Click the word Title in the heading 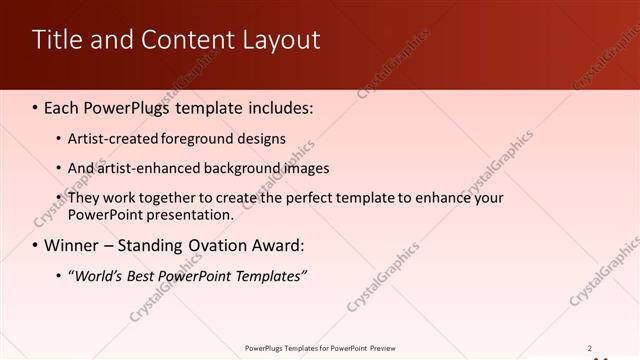(x=57, y=40)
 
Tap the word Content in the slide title (x=180, y=40)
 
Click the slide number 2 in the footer (x=590, y=347)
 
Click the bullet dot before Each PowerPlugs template (x=36, y=107)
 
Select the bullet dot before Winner (x=36, y=245)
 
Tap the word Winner (x=75, y=245)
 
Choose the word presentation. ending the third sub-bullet (x=191, y=214)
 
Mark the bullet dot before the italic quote (x=57, y=276)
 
